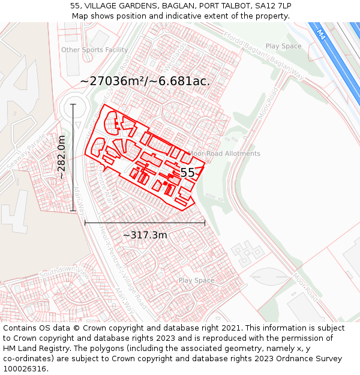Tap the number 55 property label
(x=187, y=173)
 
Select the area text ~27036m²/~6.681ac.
(x=145, y=81)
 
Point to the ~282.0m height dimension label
(x=61, y=157)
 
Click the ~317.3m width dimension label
(x=145, y=235)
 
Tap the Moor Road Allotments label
(x=224, y=154)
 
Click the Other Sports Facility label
(x=94, y=50)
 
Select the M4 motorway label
(x=321, y=35)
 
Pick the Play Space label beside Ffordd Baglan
(x=283, y=46)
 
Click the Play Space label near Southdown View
(x=196, y=280)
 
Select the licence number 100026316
(x=25, y=369)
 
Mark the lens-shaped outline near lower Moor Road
(x=269, y=277)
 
